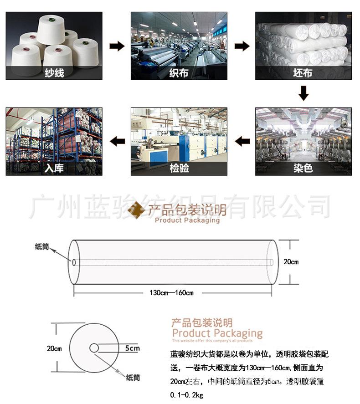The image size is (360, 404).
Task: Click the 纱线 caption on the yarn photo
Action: (x=54, y=72)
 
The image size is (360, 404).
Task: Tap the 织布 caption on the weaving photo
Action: (x=179, y=72)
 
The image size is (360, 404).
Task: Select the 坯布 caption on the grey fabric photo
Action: (x=303, y=72)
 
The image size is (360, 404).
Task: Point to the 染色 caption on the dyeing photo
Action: (x=303, y=168)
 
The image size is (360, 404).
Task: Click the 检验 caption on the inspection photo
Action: (x=179, y=168)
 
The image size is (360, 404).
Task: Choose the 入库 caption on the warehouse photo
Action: (x=54, y=168)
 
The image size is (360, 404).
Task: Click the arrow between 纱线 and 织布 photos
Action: (x=117, y=46)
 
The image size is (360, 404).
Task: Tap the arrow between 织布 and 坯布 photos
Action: (x=242, y=46)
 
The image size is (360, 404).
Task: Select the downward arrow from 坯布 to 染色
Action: (x=303, y=94)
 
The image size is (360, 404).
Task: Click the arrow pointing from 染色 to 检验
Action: (x=242, y=141)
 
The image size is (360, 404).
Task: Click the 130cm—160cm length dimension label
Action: (x=171, y=292)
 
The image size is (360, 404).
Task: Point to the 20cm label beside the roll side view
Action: (x=291, y=261)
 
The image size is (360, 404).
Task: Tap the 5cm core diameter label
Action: (x=132, y=348)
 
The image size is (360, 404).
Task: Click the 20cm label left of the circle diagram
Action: (x=54, y=348)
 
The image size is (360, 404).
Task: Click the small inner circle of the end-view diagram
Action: (x=94, y=348)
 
